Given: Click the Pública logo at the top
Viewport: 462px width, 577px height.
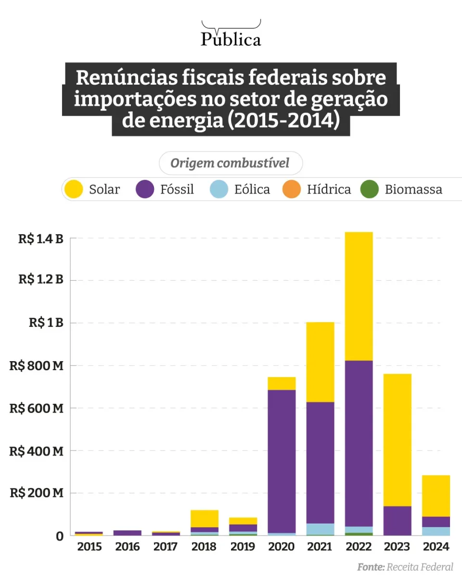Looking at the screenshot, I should [x=231, y=35].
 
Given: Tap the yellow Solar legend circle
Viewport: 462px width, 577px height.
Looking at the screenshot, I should [x=75, y=189].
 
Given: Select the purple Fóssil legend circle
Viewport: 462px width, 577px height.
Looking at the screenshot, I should [x=145, y=189].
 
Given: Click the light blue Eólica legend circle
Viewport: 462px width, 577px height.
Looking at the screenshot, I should [x=219, y=189].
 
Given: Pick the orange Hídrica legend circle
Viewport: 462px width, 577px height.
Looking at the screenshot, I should [x=292, y=189].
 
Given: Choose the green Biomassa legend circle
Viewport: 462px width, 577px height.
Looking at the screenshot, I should [x=370, y=189].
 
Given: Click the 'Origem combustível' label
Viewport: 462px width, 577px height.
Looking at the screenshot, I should [x=231, y=163].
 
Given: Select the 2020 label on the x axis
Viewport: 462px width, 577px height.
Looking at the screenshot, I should [x=282, y=547].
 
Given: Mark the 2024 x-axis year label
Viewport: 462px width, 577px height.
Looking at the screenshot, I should [x=436, y=547].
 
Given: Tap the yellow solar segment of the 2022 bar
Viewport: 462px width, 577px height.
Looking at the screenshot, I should [x=359, y=296].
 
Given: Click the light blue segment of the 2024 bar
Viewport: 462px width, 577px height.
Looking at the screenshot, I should [x=436, y=531].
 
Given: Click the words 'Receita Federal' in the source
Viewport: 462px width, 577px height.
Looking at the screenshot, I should [x=420, y=567].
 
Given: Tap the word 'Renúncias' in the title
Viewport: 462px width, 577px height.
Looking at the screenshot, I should [x=125, y=78].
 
